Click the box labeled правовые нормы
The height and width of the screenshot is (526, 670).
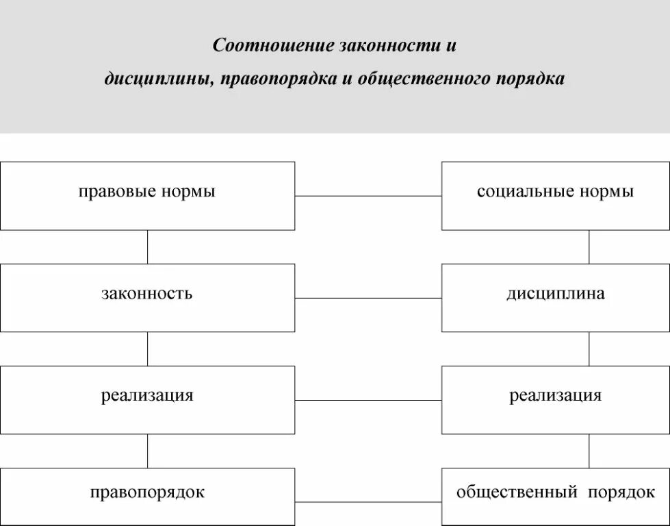[147, 196]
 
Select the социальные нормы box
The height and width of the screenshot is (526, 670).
[555, 196]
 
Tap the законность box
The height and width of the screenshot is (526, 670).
[147, 298]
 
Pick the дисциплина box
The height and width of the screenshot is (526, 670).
[555, 298]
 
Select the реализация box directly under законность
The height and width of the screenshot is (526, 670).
[147, 400]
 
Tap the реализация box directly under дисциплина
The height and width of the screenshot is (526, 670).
[555, 400]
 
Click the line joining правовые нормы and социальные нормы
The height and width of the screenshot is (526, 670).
[368, 196]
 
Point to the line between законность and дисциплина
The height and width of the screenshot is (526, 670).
[368, 298]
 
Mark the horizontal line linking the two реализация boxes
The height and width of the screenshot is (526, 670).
[368, 400]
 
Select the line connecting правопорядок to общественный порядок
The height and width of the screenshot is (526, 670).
[368, 502]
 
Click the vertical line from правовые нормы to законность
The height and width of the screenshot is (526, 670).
[147, 247]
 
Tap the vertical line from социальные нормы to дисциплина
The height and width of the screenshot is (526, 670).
[589, 247]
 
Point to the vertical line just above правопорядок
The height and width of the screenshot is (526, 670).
[147, 451]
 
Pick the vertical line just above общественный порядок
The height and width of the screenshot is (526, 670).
[589, 451]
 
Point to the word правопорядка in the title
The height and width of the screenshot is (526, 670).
[276, 79]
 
